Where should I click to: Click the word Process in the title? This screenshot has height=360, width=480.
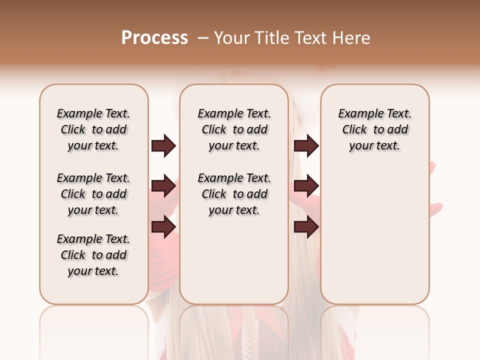(x=154, y=38)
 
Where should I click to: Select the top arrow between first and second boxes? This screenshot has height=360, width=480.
(x=163, y=146)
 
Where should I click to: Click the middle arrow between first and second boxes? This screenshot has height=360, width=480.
(x=163, y=186)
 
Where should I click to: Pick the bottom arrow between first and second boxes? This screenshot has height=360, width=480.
(x=163, y=226)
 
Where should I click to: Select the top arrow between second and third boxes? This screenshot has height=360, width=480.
(x=306, y=146)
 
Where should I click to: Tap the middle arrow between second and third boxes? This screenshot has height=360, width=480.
(x=306, y=186)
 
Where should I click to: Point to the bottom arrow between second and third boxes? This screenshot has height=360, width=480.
(x=306, y=226)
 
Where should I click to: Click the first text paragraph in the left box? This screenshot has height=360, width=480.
(x=93, y=129)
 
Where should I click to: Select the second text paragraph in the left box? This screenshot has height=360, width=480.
(x=93, y=194)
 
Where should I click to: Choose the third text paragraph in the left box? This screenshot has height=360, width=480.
(x=93, y=255)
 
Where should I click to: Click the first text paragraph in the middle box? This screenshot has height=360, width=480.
(x=234, y=129)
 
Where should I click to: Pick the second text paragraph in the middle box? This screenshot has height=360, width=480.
(x=234, y=194)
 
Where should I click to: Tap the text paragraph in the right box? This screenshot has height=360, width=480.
(x=374, y=129)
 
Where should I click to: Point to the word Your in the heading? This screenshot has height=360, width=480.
(x=231, y=38)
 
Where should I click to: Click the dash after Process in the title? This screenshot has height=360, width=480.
(x=203, y=38)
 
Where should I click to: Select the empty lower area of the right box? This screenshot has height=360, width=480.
(x=374, y=240)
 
